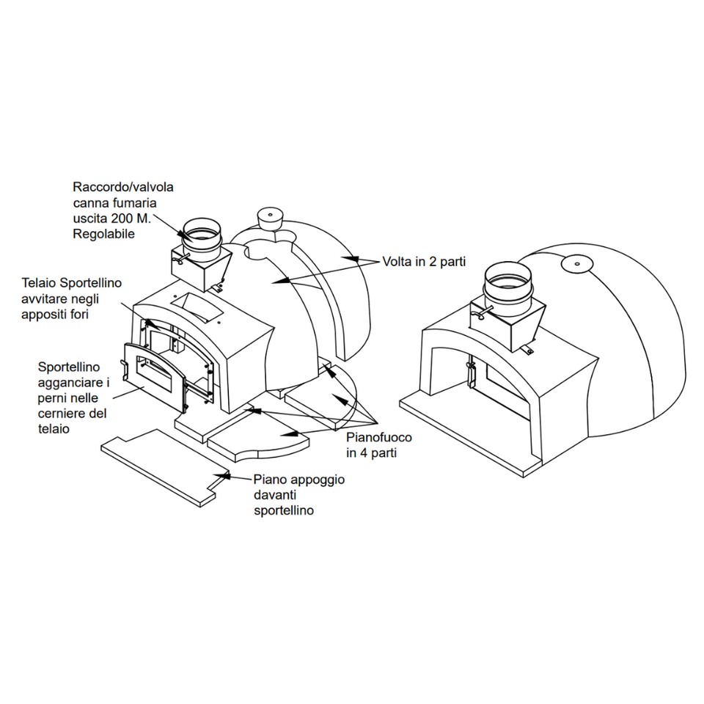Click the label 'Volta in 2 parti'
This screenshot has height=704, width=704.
[424, 262]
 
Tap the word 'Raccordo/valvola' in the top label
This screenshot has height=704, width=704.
[123, 188]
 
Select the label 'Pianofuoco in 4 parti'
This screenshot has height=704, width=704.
[378, 445]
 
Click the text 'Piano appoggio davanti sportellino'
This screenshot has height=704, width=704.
[298, 495]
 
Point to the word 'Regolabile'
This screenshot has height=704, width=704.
[103, 234]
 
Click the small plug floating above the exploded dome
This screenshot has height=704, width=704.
[270, 217]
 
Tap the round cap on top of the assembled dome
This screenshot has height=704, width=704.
[576, 262]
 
